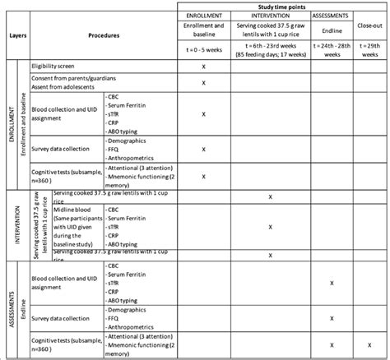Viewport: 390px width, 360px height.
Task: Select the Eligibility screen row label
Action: point(57,65)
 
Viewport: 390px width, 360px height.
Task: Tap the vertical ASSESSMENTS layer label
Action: point(10,307)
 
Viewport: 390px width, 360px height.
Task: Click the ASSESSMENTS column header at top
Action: point(331,15)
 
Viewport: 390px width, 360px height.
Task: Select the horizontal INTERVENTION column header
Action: point(271,15)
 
